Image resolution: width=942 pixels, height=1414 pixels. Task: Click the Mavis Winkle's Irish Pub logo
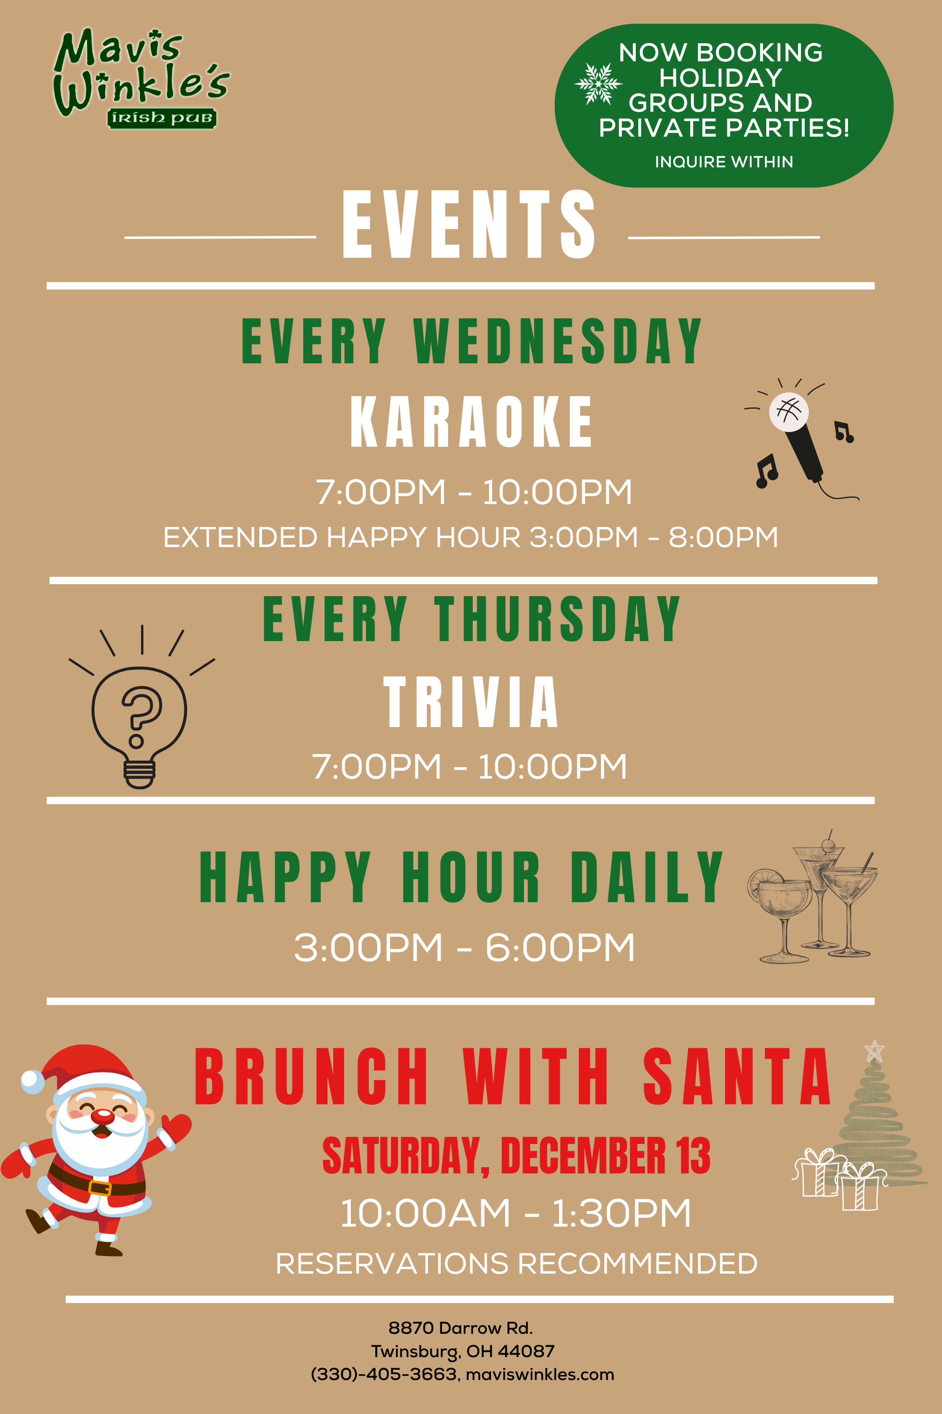141,78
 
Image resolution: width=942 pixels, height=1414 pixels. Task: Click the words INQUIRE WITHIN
724,162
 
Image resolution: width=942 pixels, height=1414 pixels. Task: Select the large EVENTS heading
469,224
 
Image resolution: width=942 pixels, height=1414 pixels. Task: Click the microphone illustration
799,439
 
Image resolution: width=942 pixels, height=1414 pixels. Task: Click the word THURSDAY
558,619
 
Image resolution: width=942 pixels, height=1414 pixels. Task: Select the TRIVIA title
471,702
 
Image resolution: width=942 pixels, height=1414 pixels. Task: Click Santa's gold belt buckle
100,1187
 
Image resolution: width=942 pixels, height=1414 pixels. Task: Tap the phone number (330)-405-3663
384,1375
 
